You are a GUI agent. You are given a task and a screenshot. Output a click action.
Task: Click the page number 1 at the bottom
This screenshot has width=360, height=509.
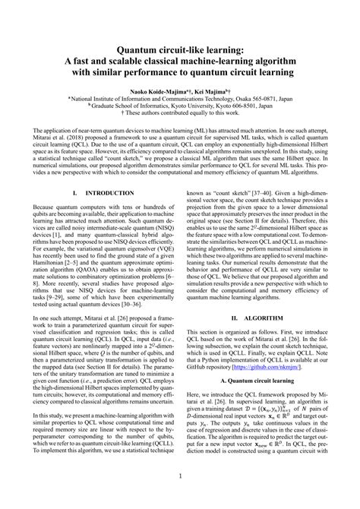pyautogui.click(x=180, y=498)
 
